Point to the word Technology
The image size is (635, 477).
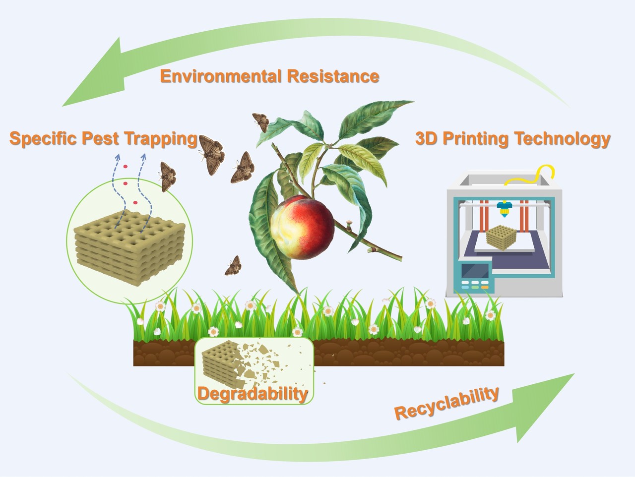click(562, 139)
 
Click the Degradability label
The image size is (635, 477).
click(253, 394)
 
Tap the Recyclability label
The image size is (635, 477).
click(446, 402)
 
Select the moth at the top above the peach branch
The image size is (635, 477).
click(260, 122)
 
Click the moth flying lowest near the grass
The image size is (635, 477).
click(233, 267)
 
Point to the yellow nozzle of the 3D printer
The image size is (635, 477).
click(505, 210)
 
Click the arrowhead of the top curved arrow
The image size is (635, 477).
click(94, 74)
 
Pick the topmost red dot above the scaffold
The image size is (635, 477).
click(126, 166)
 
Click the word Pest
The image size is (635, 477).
click(100, 138)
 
